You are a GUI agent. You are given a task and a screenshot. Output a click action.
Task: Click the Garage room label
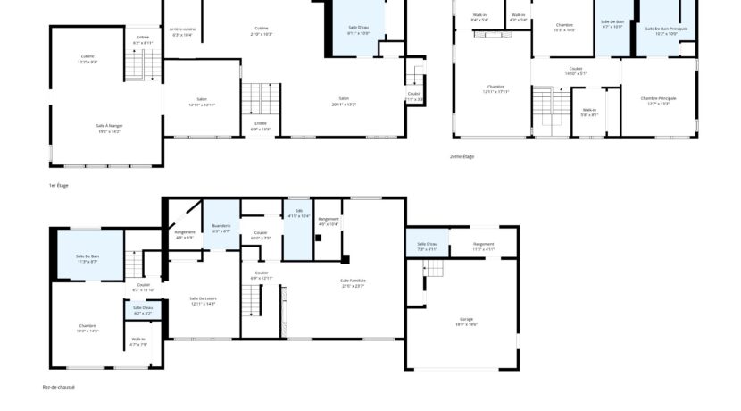tap(465, 319)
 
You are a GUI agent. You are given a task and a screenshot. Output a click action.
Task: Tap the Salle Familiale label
tap(353, 281)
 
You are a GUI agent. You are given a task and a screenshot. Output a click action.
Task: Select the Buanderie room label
tap(221, 226)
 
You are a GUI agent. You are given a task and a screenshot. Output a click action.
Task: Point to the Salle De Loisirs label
tap(204, 298)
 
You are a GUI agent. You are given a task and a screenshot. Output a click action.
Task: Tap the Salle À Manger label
tap(109, 126)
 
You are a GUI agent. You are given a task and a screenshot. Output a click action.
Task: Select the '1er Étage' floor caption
tap(58, 185)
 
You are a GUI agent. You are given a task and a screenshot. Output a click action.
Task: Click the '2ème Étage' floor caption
tap(462, 156)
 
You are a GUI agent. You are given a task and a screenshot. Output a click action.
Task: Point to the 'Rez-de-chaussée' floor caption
tap(59, 387)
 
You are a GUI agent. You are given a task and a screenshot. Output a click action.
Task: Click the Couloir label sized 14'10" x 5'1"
tap(576, 69)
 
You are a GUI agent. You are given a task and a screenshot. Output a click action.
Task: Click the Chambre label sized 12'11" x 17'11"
tap(495, 87)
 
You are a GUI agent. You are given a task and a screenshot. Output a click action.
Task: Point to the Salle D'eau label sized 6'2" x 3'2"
tap(143, 308)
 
